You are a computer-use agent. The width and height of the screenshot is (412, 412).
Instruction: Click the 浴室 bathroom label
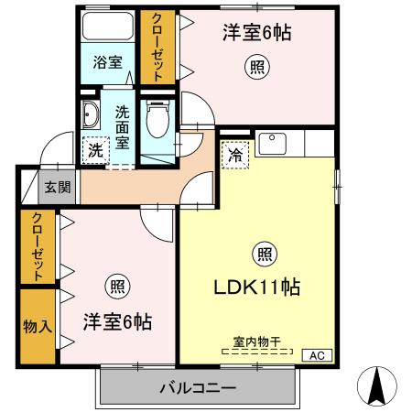point(108,63)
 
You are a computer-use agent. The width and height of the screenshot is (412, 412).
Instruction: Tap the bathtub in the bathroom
point(107,27)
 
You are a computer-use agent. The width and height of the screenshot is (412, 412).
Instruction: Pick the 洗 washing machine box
point(96,151)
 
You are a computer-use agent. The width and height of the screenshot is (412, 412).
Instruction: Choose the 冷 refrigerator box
point(235,155)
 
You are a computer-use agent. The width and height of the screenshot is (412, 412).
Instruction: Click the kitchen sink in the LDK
point(272,144)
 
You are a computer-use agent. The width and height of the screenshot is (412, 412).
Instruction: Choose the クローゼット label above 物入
point(37,245)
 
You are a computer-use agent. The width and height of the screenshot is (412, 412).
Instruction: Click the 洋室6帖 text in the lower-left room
point(117,322)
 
